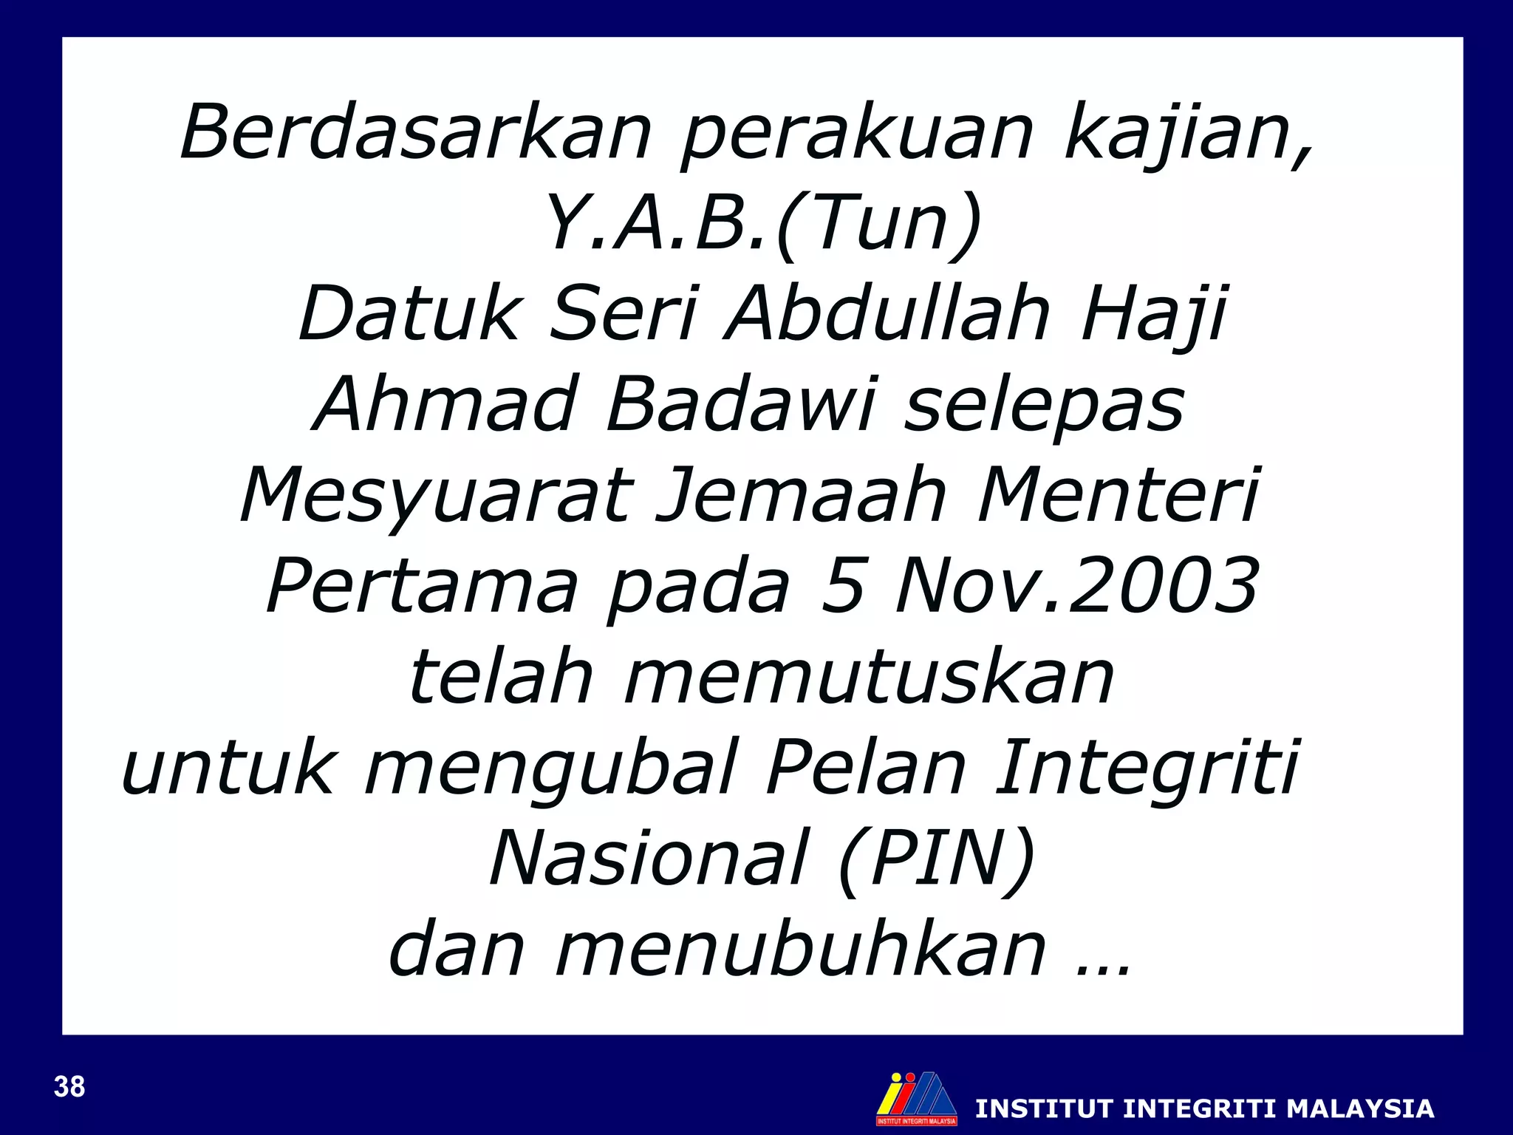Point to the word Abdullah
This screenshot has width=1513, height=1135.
coord(887,314)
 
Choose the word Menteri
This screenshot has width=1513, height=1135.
coord(1118,495)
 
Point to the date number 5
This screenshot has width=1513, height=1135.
coord(841,586)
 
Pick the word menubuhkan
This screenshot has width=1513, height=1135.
coord(801,950)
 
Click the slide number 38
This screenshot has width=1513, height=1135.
coord(69,1087)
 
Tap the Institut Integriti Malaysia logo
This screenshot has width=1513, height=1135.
coord(916,1098)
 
